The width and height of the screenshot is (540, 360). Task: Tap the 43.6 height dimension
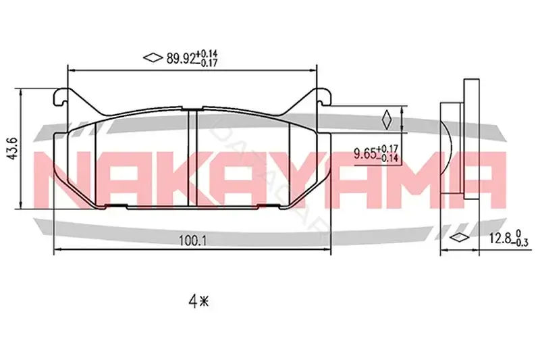click(x=13, y=149)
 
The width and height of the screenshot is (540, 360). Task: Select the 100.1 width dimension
click(x=192, y=241)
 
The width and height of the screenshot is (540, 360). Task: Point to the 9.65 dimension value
click(x=364, y=153)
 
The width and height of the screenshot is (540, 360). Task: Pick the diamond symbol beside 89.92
click(x=153, y=57)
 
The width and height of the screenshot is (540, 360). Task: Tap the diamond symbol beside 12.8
click(x=460, y=238)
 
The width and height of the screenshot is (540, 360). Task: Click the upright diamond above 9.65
click(x=387, y=120)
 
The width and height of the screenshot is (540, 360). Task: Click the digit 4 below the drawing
click(x=192, y=303)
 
